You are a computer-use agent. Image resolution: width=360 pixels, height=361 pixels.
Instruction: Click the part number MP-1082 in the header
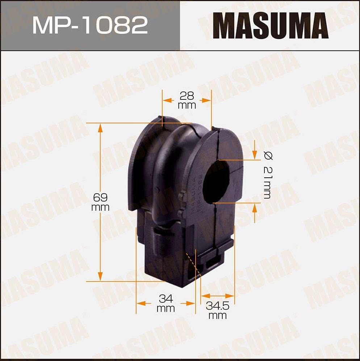pyautogui.click(x=90, y=25)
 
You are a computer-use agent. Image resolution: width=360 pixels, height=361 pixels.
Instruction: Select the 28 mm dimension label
pyautogui.click(x=187, y=100)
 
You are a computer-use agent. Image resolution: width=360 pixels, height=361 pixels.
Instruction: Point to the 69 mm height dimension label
pyautogui.click(x=100, y=203)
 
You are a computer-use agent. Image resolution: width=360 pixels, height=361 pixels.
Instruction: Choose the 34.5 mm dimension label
pyautogui.click(x=218, y=310)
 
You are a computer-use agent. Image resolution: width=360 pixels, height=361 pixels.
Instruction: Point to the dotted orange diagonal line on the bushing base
pyautogui.click(x=193, y=264)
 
